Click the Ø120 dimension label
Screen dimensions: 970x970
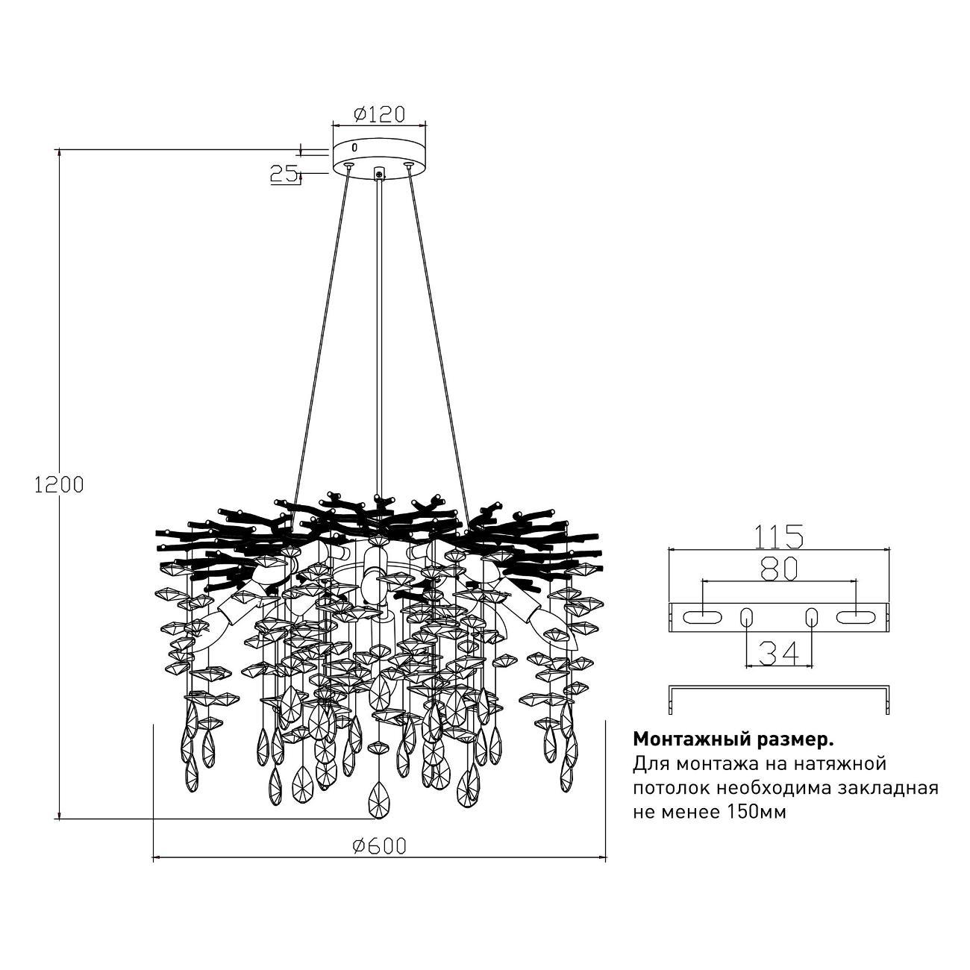379,114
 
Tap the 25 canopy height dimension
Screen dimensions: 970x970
284,173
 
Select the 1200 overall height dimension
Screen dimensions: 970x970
59,484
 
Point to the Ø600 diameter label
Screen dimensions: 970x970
379,846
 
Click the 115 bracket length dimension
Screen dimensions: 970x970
778,536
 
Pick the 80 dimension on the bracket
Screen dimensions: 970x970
778,569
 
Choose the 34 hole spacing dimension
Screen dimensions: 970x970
778,654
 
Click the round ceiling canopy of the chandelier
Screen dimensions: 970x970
378,157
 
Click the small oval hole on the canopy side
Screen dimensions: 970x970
354,148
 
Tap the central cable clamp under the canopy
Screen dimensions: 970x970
378,173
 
